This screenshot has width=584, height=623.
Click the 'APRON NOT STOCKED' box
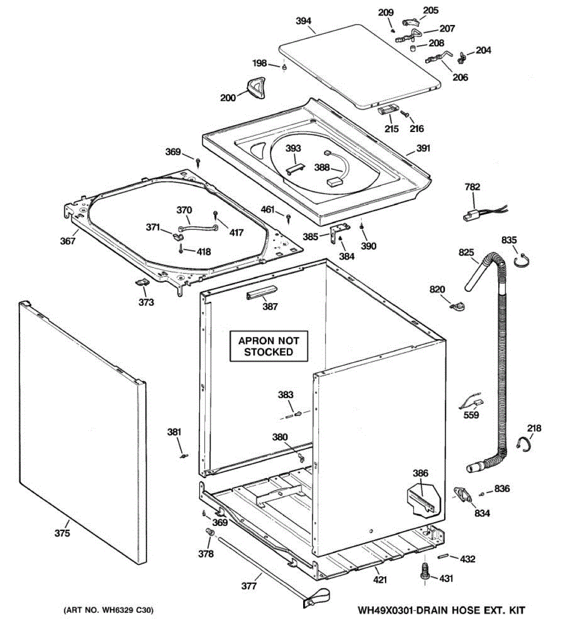click(x=268, y=346)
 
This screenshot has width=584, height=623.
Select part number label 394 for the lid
click(x=303, y=21)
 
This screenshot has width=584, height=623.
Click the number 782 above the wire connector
click(x=472, y=187)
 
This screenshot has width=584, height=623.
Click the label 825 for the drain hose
click(x=466, y=253)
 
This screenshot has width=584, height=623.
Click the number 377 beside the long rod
click(x=249, y=586)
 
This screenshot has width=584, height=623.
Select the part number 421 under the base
click(x=381, y=579)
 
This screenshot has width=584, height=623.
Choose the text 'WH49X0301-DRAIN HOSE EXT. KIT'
click(x=441, y=610)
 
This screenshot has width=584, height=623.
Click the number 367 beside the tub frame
click(x=67, y=241)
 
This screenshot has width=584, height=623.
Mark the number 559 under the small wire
click(x=471, y=415)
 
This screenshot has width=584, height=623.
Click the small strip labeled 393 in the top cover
click(x=294, y=169)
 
